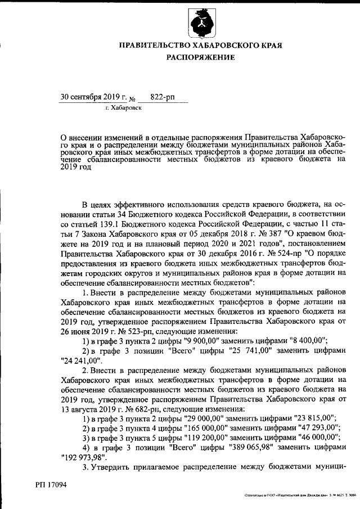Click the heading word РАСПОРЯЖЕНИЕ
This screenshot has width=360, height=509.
coord(200,58)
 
